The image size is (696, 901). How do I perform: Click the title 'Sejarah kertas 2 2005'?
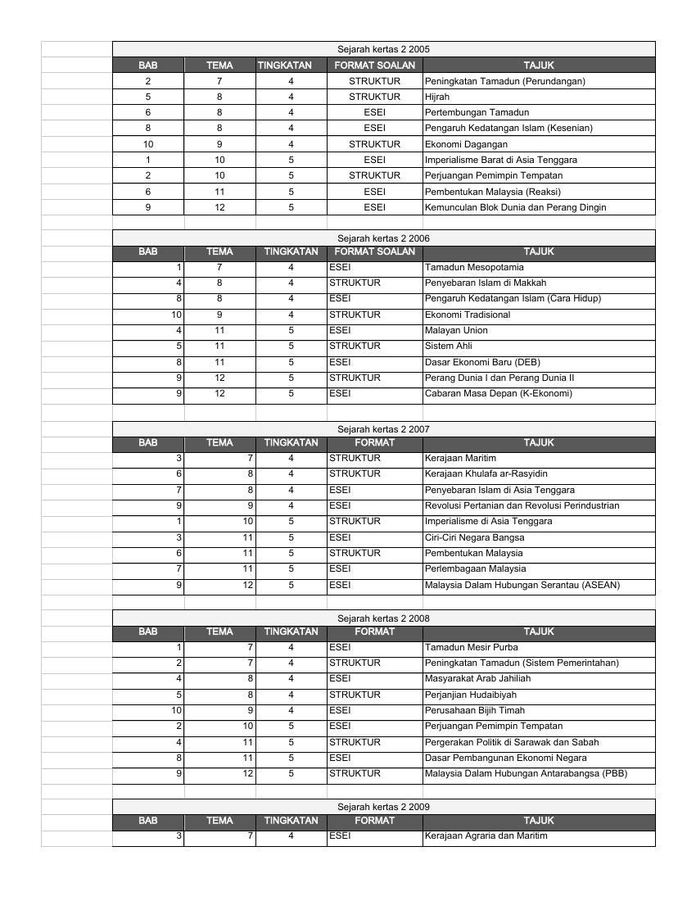383,49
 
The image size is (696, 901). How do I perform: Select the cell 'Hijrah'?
437,97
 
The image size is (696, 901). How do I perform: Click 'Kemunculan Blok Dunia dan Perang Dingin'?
515,207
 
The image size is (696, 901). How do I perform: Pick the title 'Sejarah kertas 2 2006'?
383,238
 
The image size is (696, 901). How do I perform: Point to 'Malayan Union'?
456,330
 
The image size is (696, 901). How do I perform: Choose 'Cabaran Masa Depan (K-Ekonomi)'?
498,393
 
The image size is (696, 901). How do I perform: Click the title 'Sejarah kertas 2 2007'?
383,429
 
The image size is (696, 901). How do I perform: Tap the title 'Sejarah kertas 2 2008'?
383,618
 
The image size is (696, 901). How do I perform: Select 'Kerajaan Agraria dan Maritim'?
486,835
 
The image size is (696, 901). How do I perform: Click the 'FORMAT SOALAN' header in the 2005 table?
374,65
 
